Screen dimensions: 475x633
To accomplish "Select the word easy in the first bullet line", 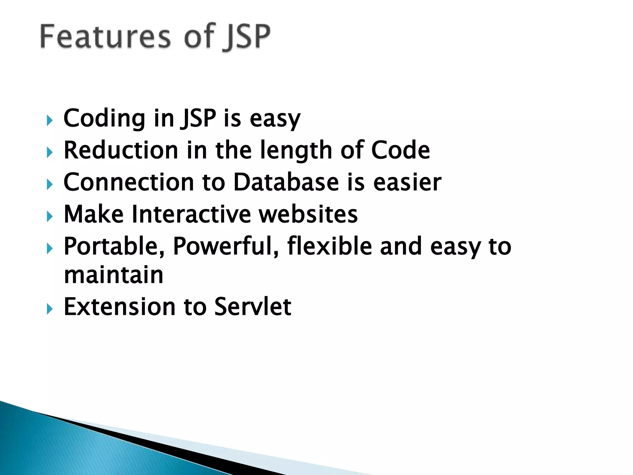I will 275,119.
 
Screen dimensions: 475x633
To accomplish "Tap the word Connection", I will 129,182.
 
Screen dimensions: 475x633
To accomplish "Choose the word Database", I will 286,182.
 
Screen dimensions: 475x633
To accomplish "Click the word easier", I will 407,182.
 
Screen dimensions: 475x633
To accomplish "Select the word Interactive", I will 191,214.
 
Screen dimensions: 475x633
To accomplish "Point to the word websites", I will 308,214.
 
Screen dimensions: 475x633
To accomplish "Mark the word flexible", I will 329,246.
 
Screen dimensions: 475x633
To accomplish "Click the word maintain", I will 113,275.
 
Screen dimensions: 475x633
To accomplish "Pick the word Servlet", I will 253,307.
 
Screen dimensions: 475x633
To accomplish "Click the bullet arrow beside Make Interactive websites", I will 50,216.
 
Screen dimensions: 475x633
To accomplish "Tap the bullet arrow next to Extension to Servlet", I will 50,309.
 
